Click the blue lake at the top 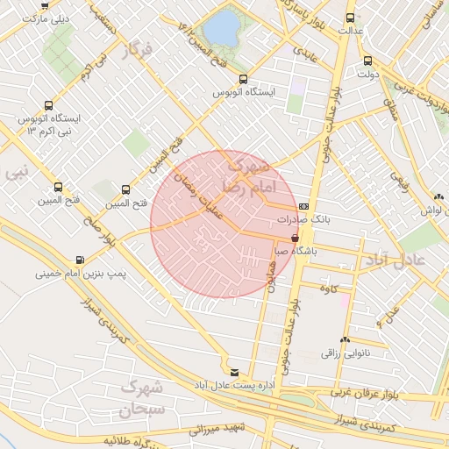click(225, 28)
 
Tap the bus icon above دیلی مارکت click(46, 4)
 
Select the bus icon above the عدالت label click(351, 17)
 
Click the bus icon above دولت click(367, 61)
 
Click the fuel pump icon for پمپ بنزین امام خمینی click(81, 260)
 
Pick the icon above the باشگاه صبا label click(295, 237)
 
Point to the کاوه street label click(329, 289)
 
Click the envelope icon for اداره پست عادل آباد click(233, 371)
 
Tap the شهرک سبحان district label click(140, 397)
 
